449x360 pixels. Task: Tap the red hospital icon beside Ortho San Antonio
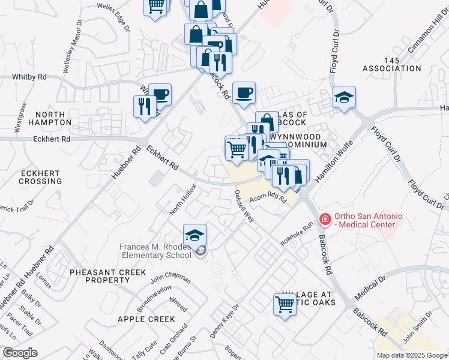pos(324,220)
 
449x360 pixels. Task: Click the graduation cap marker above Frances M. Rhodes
pos(195,235)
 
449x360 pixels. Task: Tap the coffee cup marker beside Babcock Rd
pos(244,93)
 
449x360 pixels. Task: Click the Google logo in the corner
pos(20,353)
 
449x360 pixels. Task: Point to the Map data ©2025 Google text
pos(411,355)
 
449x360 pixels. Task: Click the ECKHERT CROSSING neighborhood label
pos(41,176)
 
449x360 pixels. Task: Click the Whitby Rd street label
pos(29,77)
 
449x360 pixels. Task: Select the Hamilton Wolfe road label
pos(329,166)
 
